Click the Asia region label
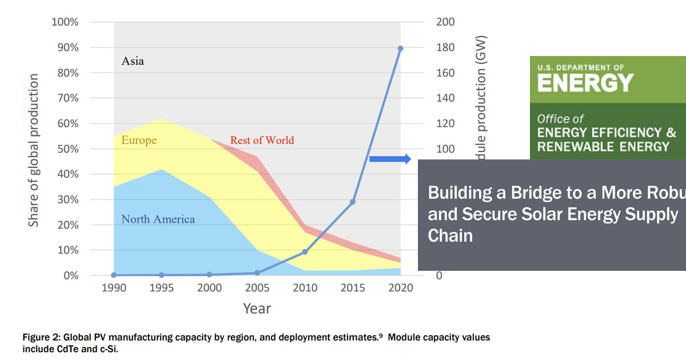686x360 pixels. pyautogui.click(x=133, y=61)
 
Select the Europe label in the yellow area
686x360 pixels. pyautogui.click(x=138, y=141)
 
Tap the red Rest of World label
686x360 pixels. pyautogui.click(x=262, y=141)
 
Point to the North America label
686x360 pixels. pyautogui.click(x=158, y=219)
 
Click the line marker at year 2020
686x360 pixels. pyautogui.click(x=400, y=49)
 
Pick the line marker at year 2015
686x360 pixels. pyautogui.click(x=353, y=202)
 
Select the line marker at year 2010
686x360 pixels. pyautogui.click(x=305, y=252)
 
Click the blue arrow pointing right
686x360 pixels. pyautogui.click(x=390, y=159)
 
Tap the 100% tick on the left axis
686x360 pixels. pyautogui.click(x=65, y=22)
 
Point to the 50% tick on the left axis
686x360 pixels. pyautogui.click(x=67, y=149)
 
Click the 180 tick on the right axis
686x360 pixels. pyautogui.click(x=445, y=47)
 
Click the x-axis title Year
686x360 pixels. pyautogui.click(x=257, y=309)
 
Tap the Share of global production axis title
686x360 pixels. pyautogui.click(x=34, y=150)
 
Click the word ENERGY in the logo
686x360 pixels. pyautogui.click(x=585, y=83)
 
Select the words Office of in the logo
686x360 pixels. pyautogui.click(x=560, y=119)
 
